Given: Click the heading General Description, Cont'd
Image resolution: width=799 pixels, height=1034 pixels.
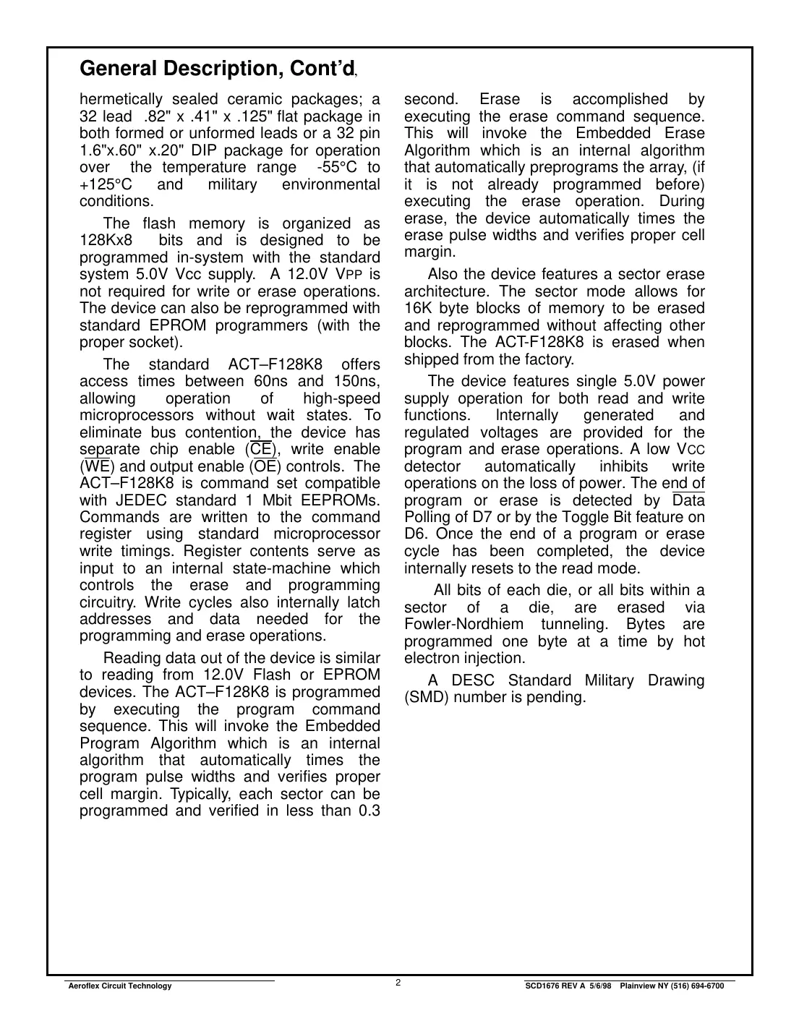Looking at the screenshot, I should [x=218, y=69].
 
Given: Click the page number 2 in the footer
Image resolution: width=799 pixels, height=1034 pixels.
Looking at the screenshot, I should [x=398, y=982].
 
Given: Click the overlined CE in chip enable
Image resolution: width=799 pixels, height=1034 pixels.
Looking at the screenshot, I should [x=260, y=450].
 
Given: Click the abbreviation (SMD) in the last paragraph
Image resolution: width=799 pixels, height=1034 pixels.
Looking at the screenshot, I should [x=427, y=698].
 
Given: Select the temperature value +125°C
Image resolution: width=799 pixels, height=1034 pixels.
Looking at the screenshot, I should [x=106, y=184].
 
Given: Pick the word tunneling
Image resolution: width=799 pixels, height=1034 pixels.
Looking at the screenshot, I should [x=576, y=625].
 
